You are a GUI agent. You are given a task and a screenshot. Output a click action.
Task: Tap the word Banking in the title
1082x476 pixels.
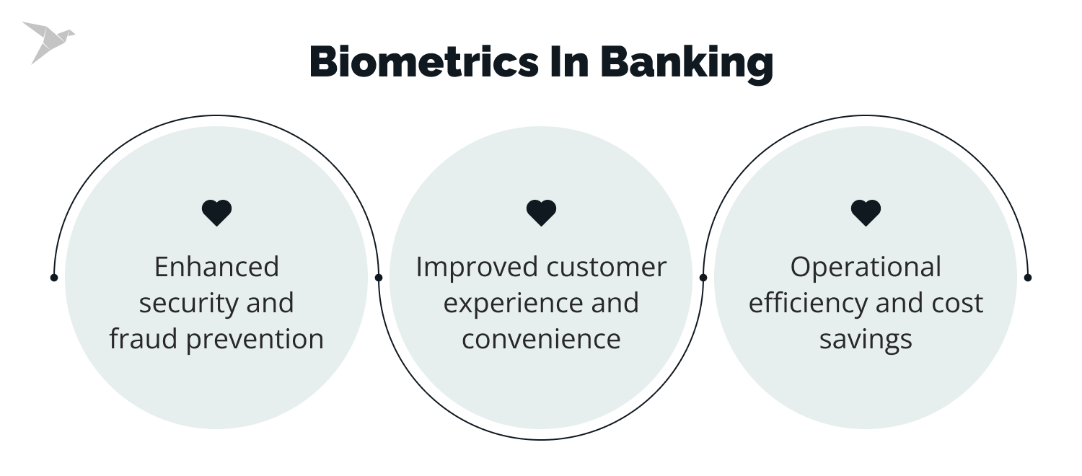(686, 63)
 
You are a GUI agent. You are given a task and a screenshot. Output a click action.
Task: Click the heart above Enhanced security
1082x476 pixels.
(216, 213)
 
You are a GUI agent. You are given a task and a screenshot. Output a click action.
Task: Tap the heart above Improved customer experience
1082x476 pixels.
(541, 213)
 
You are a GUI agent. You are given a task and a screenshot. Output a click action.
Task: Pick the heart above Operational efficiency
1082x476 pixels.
(866, 213)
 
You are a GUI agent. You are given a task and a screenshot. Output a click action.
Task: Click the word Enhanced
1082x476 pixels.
(216, 267)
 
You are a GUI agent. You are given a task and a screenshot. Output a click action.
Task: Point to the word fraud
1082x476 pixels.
(144, 339)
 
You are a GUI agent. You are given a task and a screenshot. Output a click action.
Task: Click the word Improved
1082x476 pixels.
(477, 267)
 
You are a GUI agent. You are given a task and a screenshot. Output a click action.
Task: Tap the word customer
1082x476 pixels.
(607, 267)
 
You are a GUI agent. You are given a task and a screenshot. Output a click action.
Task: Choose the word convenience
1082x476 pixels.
(541, 339)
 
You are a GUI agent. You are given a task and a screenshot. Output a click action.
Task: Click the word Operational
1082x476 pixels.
(866, 267)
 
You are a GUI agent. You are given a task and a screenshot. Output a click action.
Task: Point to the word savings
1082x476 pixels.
(866, 339)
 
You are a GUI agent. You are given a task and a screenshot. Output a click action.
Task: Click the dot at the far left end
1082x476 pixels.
(54, 277)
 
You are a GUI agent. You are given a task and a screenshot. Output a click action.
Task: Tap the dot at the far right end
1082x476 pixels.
(1028, 277)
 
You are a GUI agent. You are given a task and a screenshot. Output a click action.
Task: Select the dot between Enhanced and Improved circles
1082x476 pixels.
(379, 277)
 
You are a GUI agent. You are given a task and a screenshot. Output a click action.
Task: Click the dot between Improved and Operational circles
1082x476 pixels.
(703, 277)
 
